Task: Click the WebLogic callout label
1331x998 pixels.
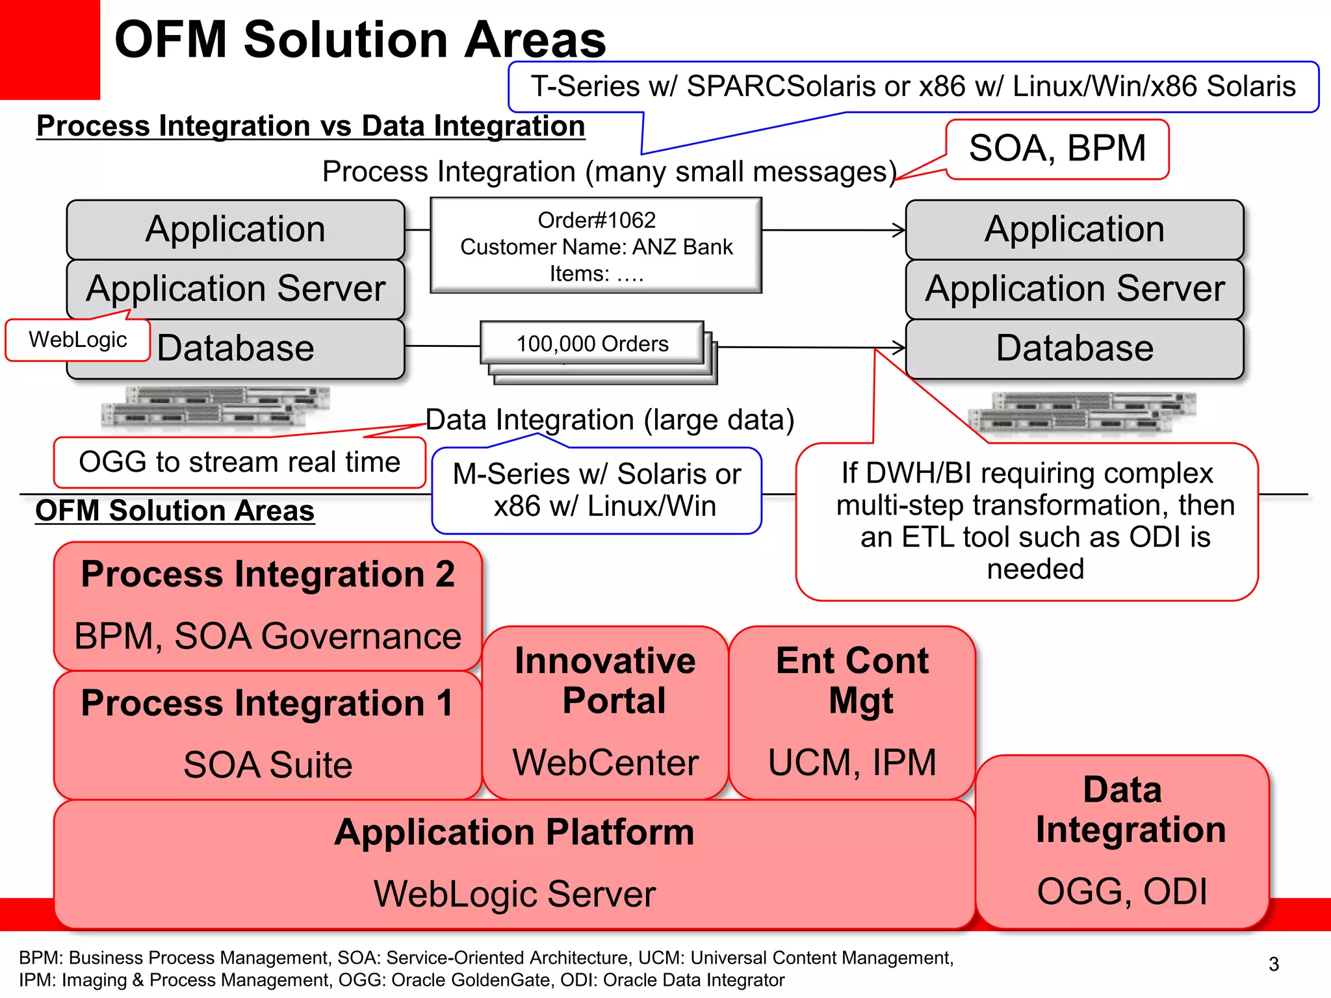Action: click(77, 340)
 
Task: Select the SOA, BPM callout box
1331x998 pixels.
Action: click(1057, 149)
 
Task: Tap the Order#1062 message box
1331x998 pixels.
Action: click(596, 246)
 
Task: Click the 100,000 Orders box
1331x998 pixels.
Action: click(592, 344)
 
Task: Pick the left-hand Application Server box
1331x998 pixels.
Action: click(235, 288)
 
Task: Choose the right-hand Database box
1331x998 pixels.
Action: click(1074, 348)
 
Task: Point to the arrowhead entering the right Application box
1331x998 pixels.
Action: click(899, 230)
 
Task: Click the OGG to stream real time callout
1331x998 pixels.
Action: click(239, 463)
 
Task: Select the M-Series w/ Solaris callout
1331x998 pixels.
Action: click(597, 491)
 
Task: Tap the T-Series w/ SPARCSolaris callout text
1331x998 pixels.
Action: click(912, 86)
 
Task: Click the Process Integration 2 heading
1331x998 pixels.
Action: click(268, 574)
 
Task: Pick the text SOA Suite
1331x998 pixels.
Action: click(268, 765)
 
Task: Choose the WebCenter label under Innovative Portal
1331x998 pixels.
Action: click(605, 763)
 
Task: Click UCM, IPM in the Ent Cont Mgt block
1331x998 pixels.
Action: click(852, 763)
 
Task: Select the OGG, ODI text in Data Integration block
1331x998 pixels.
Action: click(1122, 891)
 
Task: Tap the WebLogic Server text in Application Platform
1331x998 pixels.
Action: click(514, 894)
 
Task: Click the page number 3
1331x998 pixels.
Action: click(1273, 964)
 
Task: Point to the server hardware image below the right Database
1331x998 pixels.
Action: click(1081, 413)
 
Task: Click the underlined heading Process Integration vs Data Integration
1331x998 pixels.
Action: click(311, 126)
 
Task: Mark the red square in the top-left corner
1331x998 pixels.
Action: click(49, 49)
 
